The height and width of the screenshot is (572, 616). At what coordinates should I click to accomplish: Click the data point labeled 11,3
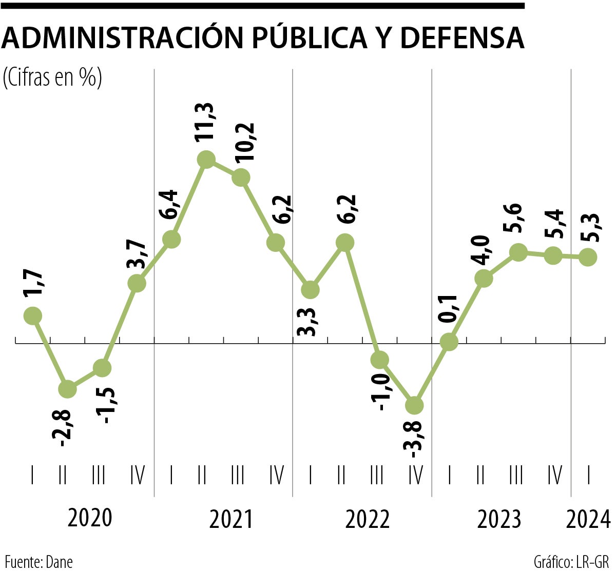pos(206,160)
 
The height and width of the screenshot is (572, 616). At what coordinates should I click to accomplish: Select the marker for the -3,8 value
pos(414,405)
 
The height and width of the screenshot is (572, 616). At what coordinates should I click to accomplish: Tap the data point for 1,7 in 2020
pos(32,315)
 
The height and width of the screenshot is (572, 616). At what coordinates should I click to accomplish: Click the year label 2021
pos(231,519)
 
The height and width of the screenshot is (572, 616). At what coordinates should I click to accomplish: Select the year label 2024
pos(589,519)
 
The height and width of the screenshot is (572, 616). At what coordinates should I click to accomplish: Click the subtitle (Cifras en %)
pos(52,77)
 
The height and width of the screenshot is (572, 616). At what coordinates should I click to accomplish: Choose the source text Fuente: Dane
pos(39,561)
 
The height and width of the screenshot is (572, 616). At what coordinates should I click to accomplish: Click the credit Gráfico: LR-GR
pos(571,561)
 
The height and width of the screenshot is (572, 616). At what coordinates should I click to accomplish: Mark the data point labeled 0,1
pos(449,342)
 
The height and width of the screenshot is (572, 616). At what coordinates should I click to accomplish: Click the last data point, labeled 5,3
pos(587,257)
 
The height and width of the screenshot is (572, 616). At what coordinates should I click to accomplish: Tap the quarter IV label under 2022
pos(415,476)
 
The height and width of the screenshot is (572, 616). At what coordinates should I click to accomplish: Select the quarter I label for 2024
pos(588,476)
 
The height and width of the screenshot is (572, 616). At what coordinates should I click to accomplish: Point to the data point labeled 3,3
pos(310,290)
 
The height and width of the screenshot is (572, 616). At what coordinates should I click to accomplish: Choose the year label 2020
pos(90,518)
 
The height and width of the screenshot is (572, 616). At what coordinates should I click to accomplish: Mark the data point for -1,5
pos(102,367)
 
